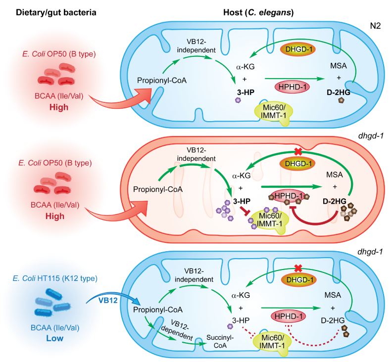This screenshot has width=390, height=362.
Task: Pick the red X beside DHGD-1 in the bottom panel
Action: tap(297, 268)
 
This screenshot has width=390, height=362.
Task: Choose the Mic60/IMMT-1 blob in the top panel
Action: tap(272, 108)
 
